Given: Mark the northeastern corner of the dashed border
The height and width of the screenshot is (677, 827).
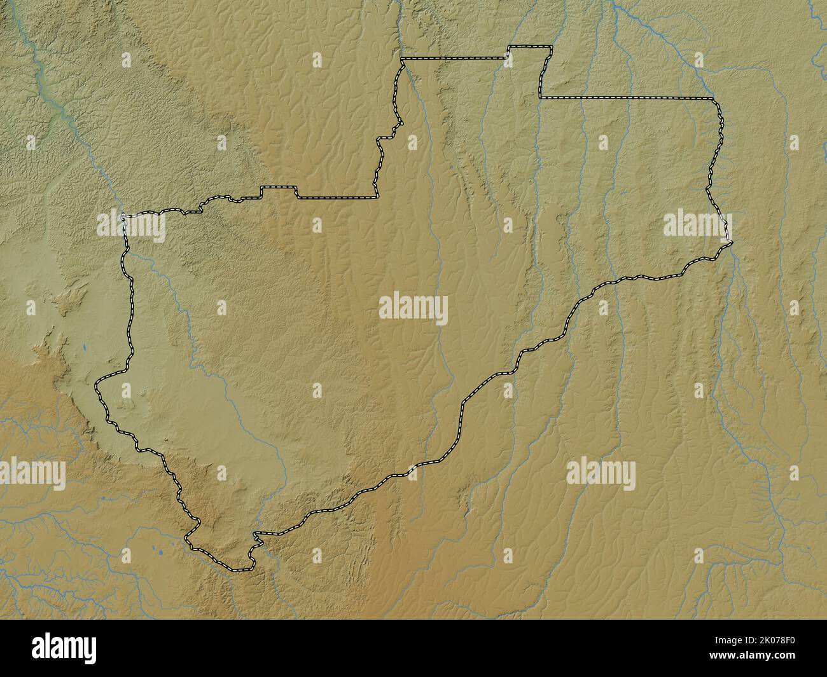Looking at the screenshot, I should pyautogui.click(x=712, y=99).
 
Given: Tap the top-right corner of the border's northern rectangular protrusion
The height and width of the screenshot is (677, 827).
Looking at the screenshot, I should pyautogui.click(x=552, y=46).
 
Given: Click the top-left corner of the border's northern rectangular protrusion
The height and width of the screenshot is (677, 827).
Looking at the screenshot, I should pyautogui.click(x=508, y=47).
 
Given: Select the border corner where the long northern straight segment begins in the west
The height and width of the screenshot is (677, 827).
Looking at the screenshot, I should pyautogui.click(x=403, y=59).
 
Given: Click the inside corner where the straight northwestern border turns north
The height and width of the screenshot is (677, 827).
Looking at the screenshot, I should pyautogui.click(x=373, y=197).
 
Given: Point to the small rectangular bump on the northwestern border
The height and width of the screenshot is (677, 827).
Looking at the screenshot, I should pyautogui.click(x=279, y=188).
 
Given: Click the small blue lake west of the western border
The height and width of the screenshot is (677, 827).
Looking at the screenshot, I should pyautogui.click(x=84, y=348).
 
